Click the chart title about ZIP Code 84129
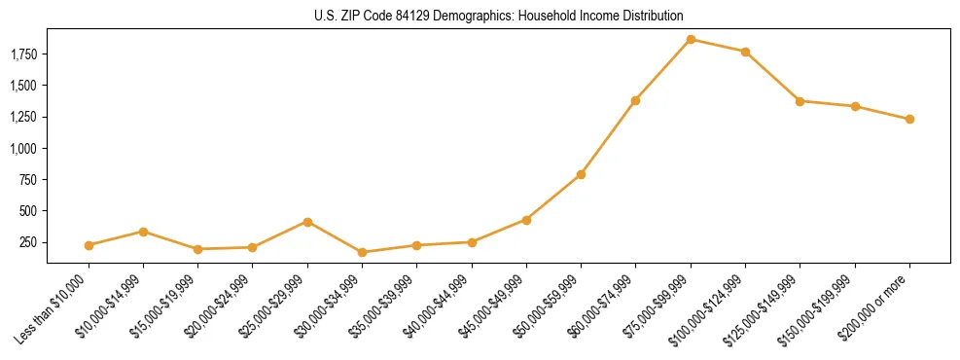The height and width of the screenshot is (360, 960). [498, 17]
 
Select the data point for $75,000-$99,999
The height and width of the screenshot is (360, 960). [691, 39]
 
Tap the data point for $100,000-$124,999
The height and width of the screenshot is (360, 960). [745, 52]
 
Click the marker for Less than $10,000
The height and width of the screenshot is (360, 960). [89, 245]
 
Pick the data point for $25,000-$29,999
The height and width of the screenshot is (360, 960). [307, 222]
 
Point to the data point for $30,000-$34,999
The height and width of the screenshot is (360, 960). [362, 252]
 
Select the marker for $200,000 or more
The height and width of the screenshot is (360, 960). [909, 119]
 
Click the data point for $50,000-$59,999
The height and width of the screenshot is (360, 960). [581, 174]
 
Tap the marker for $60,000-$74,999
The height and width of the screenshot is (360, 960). [635, 100]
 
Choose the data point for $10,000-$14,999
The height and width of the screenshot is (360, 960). [143, 232]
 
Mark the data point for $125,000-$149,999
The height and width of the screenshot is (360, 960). [800, 101]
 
